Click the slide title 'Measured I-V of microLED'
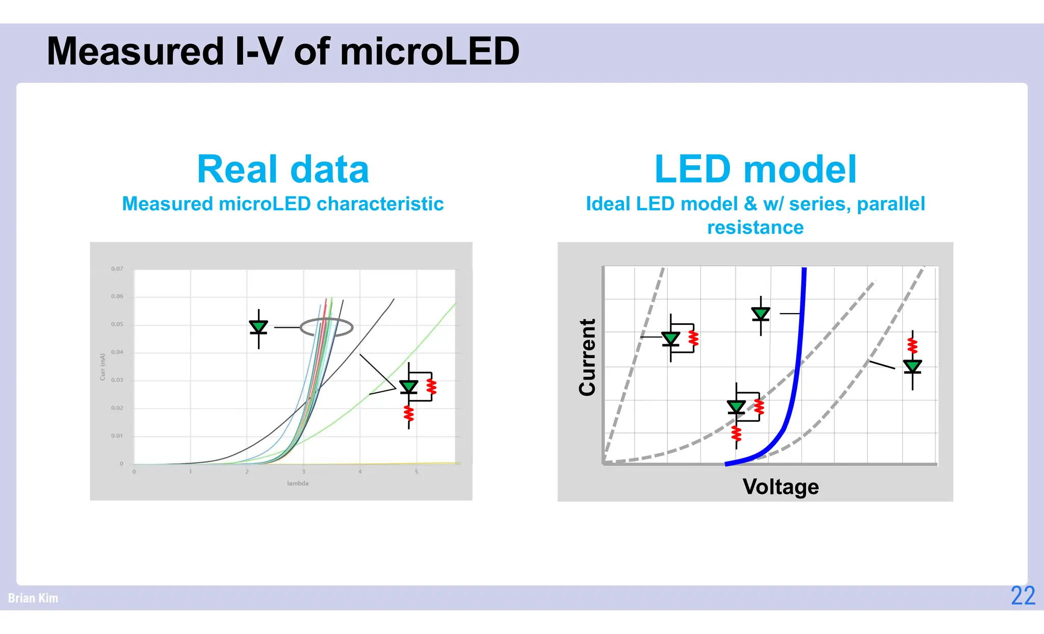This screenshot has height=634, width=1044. click(x=283, y=52)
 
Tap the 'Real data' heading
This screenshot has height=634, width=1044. click(x=283, y=169)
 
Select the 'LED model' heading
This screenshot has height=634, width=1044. click(x=755, y=169)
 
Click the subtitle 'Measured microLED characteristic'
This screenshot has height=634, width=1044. click(x=283, y=204)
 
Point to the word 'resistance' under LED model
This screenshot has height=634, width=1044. click(x=755, y=227)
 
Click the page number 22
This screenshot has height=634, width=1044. click(x=1023, y=596)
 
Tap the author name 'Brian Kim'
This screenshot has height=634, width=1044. click(x=33, y=598)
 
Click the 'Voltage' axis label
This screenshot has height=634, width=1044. click(x=780, y=487)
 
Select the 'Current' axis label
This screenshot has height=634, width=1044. click(x=587, y=357)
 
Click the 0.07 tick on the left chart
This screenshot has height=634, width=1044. click(x=117, y=269)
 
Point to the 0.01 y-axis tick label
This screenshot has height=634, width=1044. click(x=117, y=436)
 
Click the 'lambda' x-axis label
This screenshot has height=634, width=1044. click(x=298, y=484)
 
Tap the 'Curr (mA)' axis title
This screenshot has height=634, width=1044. click(x=102, y=367)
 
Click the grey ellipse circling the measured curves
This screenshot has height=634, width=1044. click(x=326, y=327)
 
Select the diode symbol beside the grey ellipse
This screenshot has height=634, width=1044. click(x=258, y=327)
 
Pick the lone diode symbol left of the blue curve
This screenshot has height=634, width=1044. click(x=761, y=314)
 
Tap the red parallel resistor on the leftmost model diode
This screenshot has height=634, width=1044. click(x=693, y=338)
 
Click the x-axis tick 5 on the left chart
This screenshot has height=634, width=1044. click(x=416, y=472)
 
